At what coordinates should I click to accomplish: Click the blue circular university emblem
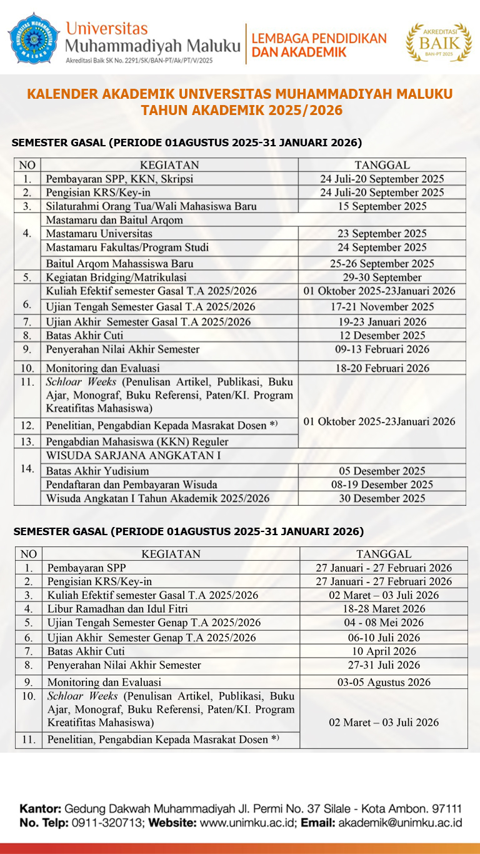point(34,38)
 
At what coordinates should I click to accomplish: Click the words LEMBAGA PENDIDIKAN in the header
point(319,39)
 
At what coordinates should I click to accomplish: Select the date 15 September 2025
point(381,206)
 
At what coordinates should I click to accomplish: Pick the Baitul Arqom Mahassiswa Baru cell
point(119,263)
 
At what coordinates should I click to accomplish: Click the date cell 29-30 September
point(381,277)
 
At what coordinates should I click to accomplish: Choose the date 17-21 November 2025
point(381,306)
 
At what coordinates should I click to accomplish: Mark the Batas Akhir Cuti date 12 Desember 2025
point(381,335)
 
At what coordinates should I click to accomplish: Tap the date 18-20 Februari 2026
point(381,368)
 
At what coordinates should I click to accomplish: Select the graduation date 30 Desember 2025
point(381,498)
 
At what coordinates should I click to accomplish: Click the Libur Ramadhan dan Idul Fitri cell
point(117,608)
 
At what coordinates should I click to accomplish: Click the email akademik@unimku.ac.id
point(399,823)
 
